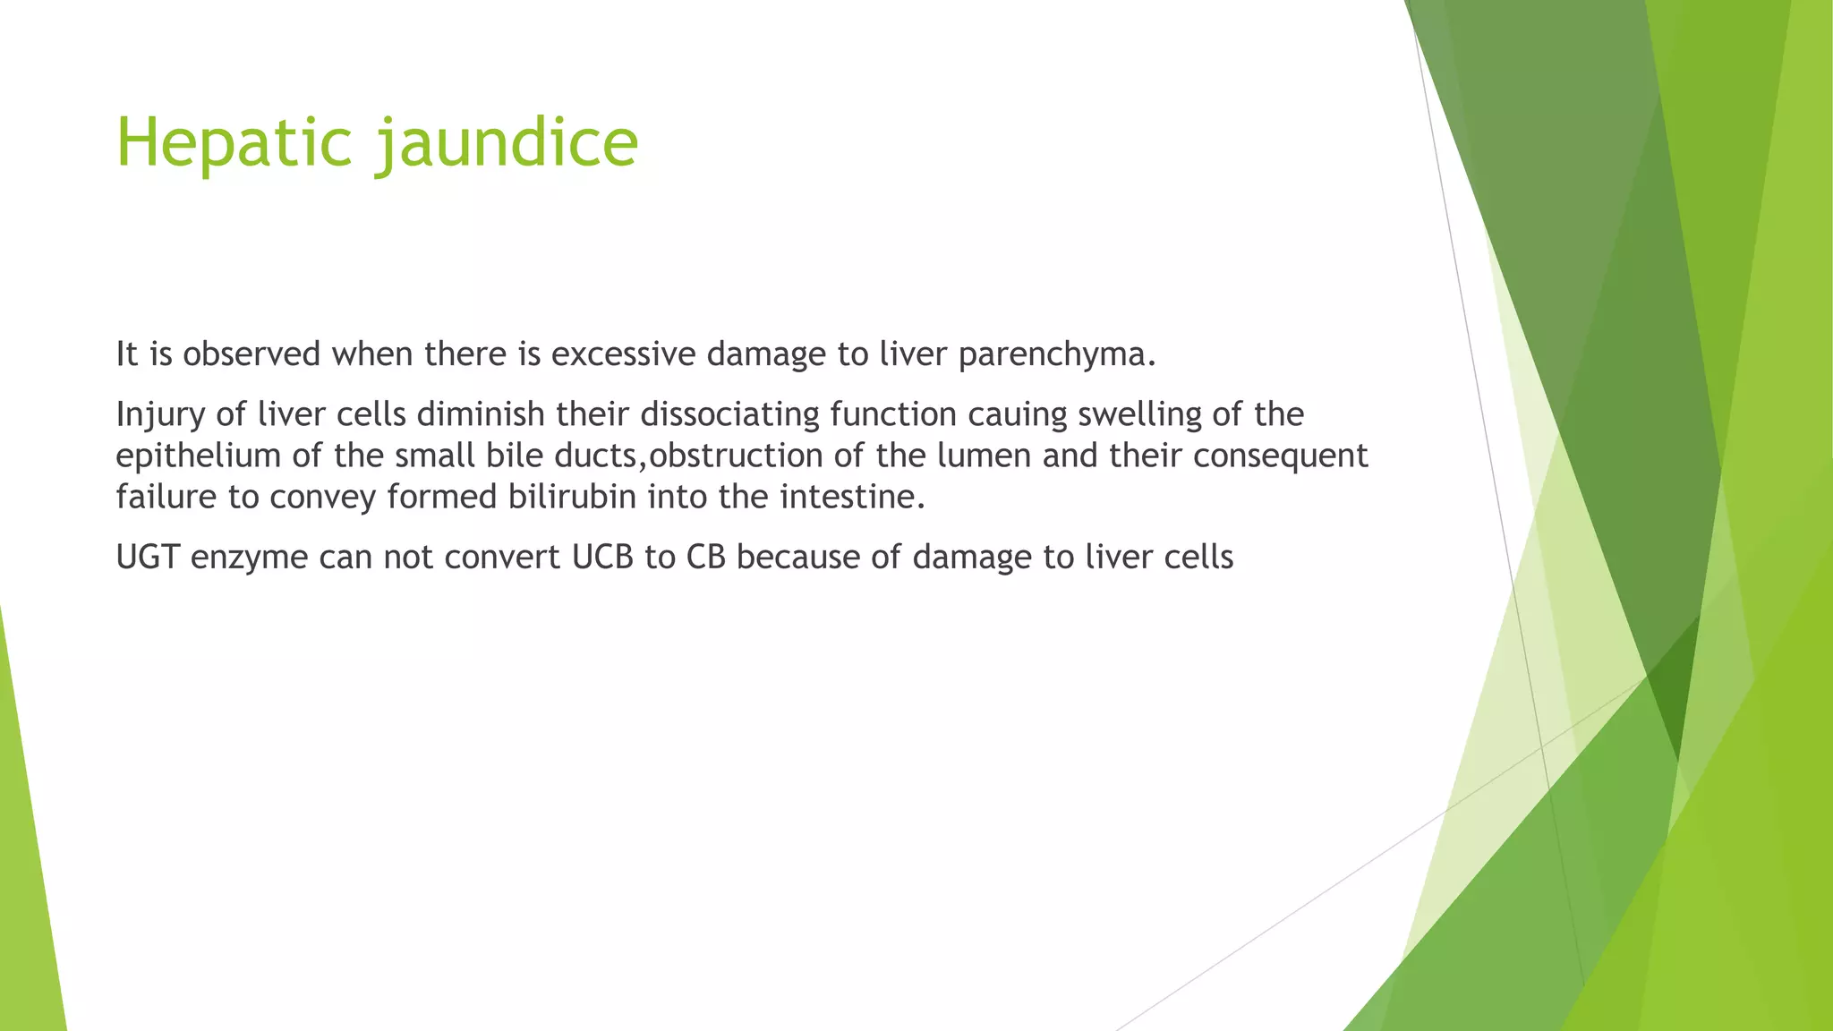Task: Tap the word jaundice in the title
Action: pos(507,143)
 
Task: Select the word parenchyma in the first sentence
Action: pos(1056,355)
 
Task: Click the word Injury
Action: pos(156,414)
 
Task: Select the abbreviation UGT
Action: pos(148,558)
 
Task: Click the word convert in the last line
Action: pos(502,558)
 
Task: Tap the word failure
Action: pos(166,497)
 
